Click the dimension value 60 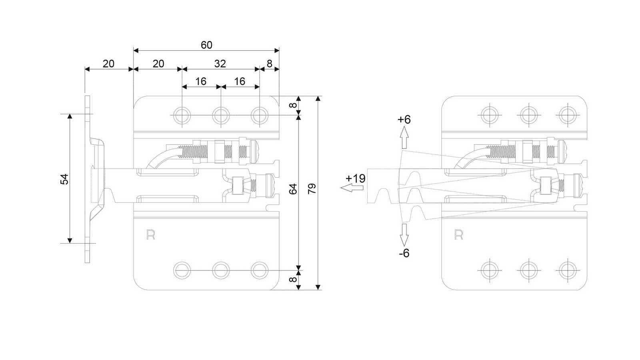pyautogui.click(x=206, y=45)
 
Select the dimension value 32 pyautogui.click(x=220, y=64)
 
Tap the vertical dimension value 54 pyautogui.click(x=64, y=179)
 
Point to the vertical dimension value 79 pyautogui.click(x=312, y=188)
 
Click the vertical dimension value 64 pyautogui.click(x=293, y=189)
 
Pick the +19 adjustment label pyautogui.click(x=356, y=178)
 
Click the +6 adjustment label pyautogui.click(x=404, y=120)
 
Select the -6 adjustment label pyautogui.click(x=404, y=253)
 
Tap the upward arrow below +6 pyautogui.click(x=404, y=138)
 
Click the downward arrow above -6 pyautogui.click(x=404, y=235)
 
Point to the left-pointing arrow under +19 pyautogui.click(x=352, y=188)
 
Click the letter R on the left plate pyautogui.click(x=150, y=234)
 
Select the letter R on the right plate pyautogui.click(x=458, y=234)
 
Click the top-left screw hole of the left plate pyautogui.click(x=182, y=116)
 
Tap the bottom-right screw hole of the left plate pyautogui.click(x=260, y=270)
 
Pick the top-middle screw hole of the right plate pyautogui.click(x=528, y=115)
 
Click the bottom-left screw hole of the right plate pyautogui.click(x=490, y=270)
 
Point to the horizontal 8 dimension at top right pyautogui.click(x=270, y=64)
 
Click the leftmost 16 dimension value pyautogui.click(x=200, y=82)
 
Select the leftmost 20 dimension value pyautogui.click(x=108, y=64)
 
